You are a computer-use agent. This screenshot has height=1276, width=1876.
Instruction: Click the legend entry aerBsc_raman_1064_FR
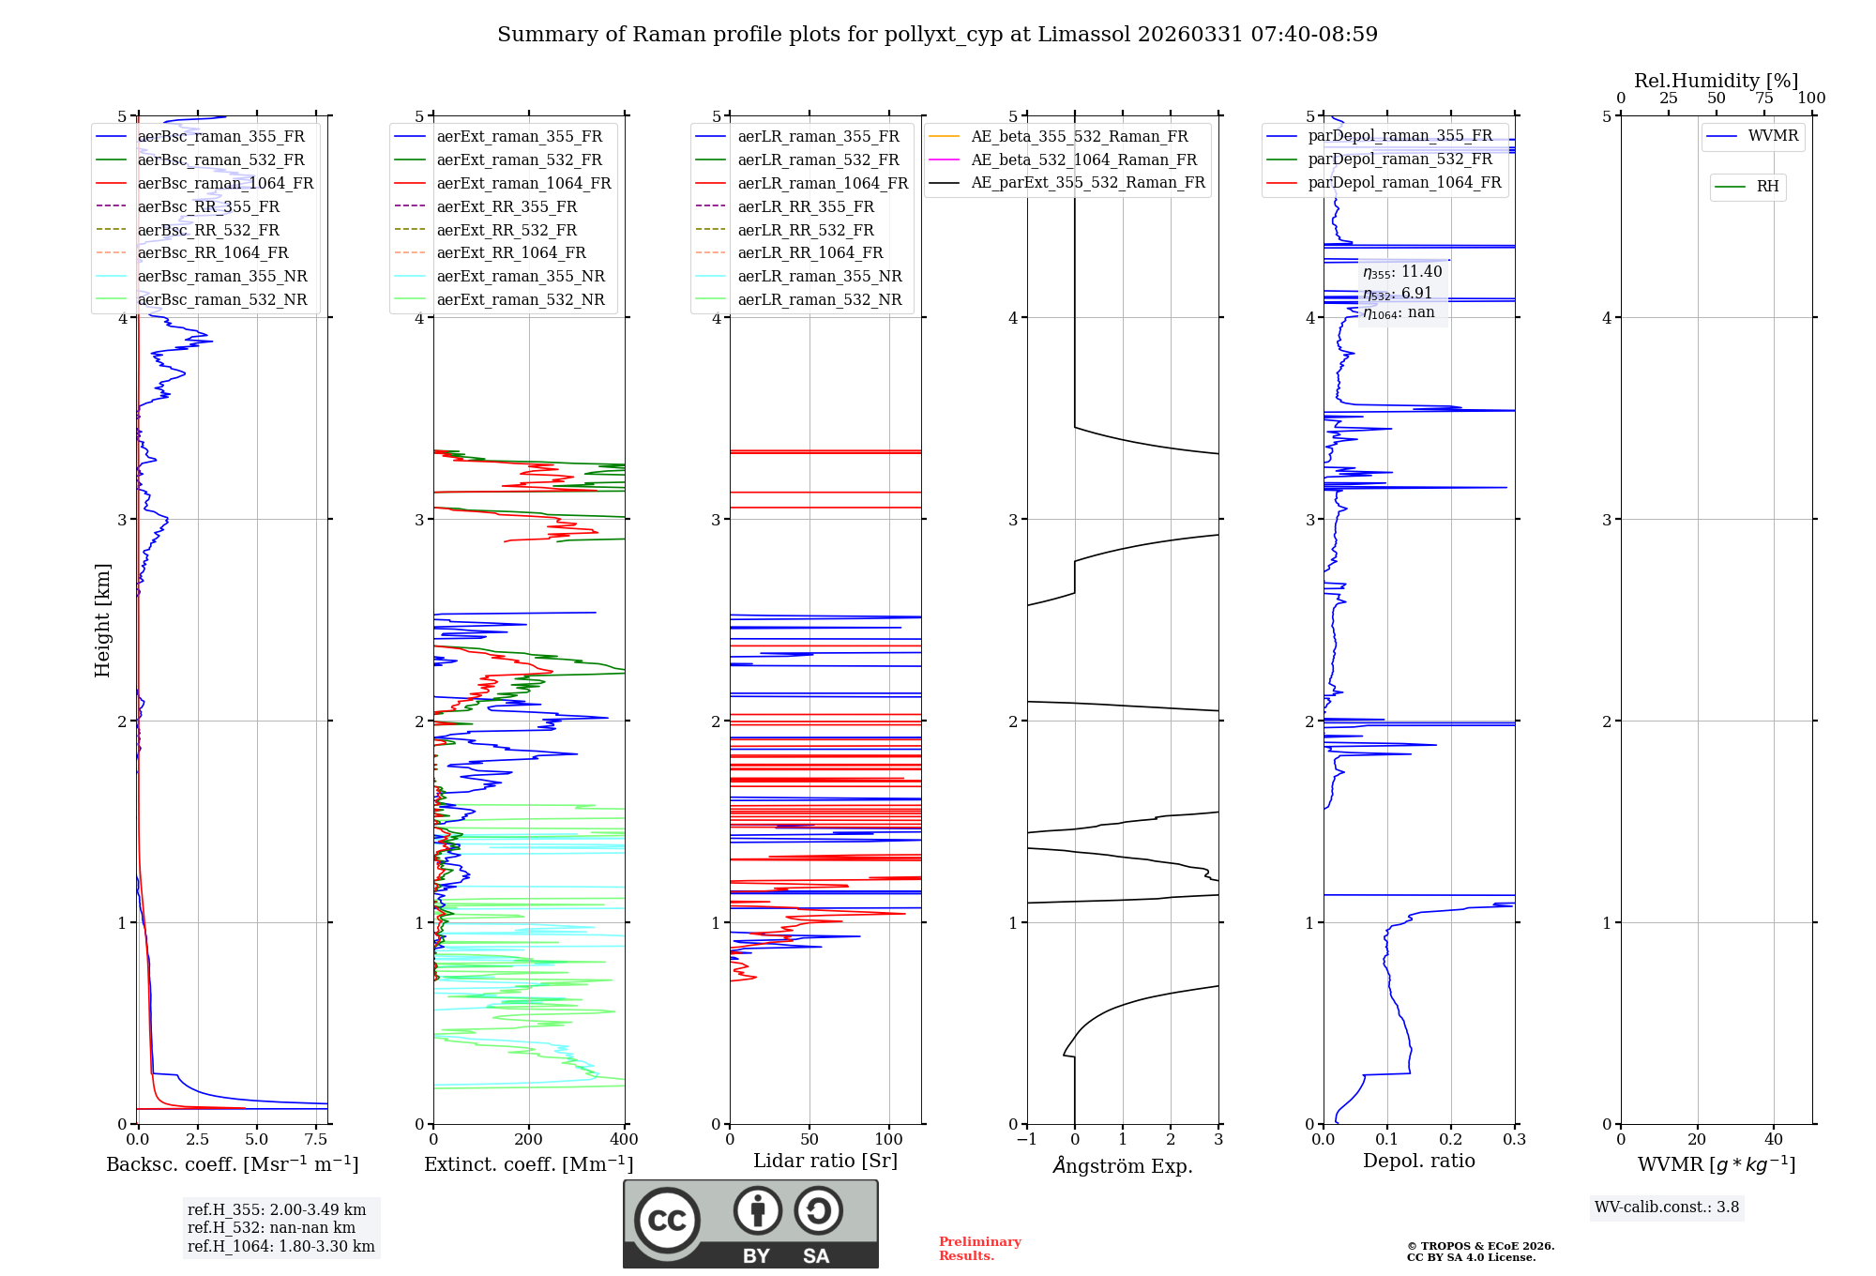[x=225, y=184]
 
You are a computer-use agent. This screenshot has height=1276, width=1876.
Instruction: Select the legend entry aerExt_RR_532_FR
[x=507, y=230]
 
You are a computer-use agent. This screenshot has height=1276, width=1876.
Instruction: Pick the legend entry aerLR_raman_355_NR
[x=819, y=277]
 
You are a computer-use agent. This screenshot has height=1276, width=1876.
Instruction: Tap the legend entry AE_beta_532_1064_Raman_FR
[x=1083, y=160]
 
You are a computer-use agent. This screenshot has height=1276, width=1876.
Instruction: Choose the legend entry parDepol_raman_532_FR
[x=1399, y=159]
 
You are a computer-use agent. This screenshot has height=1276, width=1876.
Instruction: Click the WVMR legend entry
[x=1773, y=137]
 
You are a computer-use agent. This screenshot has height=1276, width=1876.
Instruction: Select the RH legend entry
[x=1767, y=187]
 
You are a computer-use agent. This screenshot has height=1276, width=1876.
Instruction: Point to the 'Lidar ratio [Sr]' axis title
[x=825, y=1162]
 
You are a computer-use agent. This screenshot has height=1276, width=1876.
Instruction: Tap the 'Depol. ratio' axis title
[x=1418, y=1162]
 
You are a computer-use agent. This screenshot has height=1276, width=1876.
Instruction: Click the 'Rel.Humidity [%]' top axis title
[x=1716, y=81]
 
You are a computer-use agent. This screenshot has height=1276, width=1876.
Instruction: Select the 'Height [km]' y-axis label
[x=102, y=620]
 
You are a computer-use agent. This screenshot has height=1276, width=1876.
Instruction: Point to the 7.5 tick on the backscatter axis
[x=316, y=1140]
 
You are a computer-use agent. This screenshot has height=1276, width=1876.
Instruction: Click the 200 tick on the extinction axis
[x=529, y=1140]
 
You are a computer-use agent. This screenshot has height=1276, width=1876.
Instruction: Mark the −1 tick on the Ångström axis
[x=1027, y=1140]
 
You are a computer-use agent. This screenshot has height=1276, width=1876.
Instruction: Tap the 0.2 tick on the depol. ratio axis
[x=1451, y=1140]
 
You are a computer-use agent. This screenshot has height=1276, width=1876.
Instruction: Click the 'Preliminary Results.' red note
[x=979, y=1249]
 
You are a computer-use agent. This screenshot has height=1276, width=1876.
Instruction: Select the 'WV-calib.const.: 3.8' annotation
[x=1667, y=1208]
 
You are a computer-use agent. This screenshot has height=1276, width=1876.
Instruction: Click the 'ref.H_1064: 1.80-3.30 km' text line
[x=280, y=1247]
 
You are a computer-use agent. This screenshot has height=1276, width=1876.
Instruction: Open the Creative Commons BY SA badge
[x=750, y=1224]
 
